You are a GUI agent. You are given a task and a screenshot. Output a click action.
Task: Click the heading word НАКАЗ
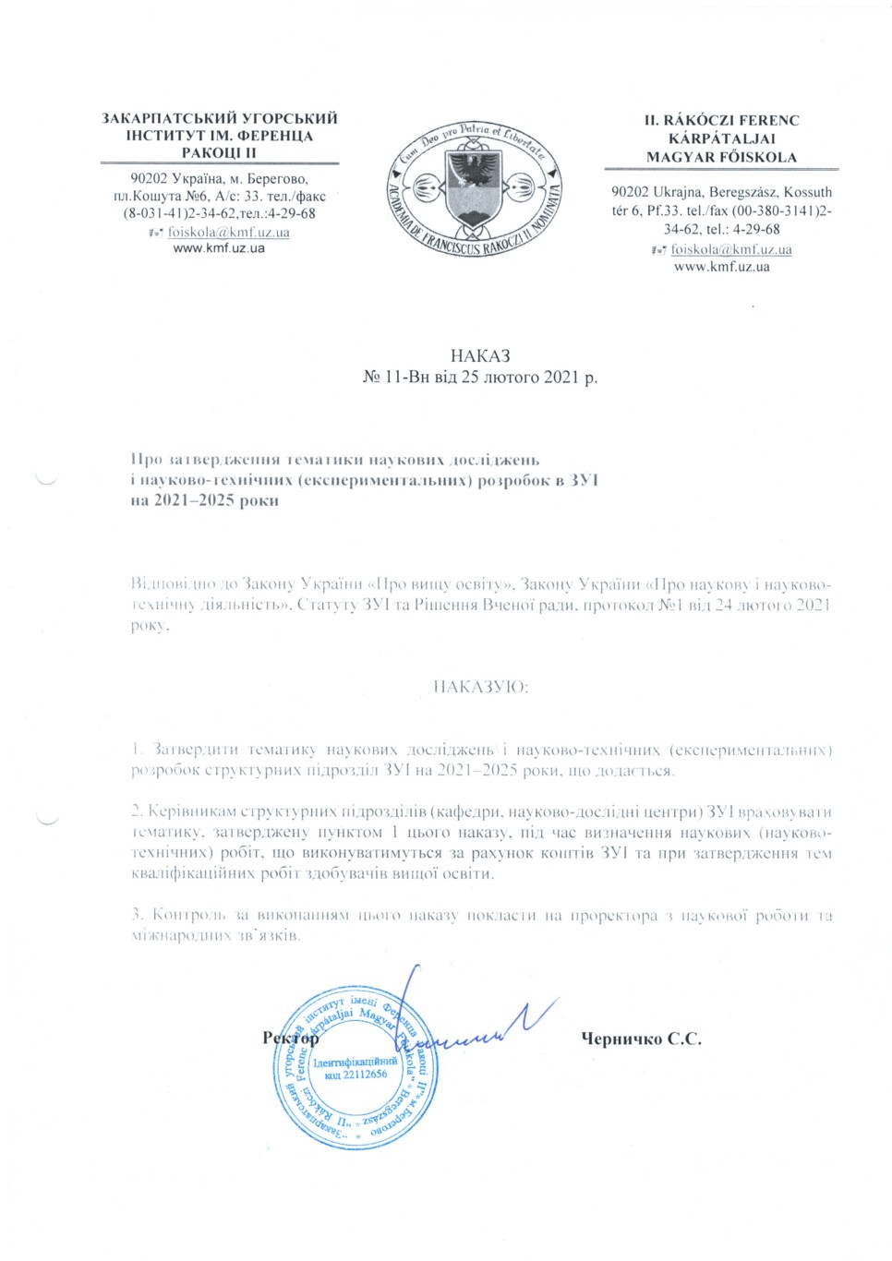(x=480, y=356)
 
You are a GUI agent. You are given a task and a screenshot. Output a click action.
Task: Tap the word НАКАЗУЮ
(x=480, y=687)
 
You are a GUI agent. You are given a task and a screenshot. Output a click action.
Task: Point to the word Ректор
(x=290, y=1039)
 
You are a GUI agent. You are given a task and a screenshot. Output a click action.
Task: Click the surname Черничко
(x=621, y=1039)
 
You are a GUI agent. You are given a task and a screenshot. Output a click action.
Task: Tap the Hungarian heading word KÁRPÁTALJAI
(x=721, y=138)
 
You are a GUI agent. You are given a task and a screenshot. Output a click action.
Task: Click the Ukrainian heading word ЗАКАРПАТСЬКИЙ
(x=165, y=118)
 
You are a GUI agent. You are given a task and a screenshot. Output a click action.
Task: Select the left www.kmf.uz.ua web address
(x=219, y=248)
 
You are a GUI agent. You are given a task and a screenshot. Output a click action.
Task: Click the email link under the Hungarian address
(x=730, y=249)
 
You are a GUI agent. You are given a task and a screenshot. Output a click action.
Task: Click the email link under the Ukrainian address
(x=228, y=232)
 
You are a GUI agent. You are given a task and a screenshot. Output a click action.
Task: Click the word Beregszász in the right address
(x=746, y=192)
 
